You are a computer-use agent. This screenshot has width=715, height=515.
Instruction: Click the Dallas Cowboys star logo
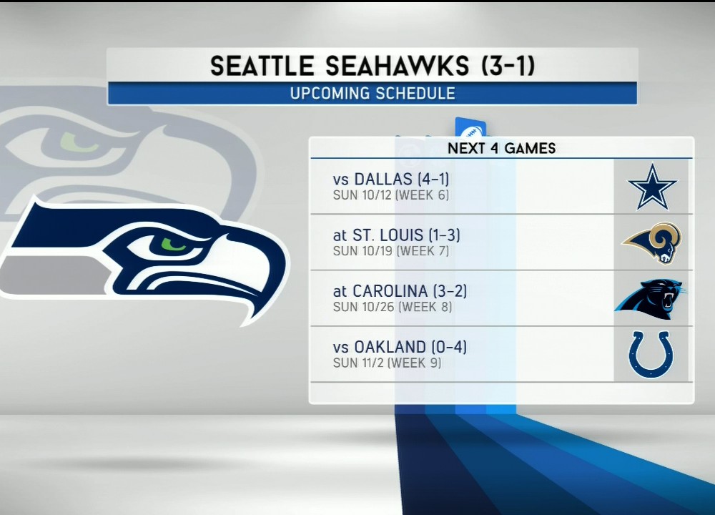tap(652, 187)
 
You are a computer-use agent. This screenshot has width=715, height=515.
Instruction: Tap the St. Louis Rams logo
tap(653, 242)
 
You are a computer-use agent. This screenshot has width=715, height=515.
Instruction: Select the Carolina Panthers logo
tap(650, 299)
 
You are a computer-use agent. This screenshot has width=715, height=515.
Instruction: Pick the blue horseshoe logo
tap(651, 355)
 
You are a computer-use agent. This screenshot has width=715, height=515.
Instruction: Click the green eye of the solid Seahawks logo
tap(172, 245)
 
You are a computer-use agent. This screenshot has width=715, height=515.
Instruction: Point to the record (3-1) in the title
tap(508, 65)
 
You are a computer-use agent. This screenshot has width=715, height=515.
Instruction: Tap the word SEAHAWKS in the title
tap(397, 66)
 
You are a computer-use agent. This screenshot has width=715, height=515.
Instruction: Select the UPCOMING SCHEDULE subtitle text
tap(373, 94)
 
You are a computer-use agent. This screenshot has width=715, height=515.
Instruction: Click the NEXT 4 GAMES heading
tap(502, 148)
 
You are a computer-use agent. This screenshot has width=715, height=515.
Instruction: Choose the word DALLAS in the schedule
tap(383, 179)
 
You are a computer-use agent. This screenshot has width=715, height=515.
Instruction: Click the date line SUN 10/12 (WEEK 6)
tap(391, 195)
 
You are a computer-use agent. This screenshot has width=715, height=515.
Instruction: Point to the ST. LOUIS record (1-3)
tap(444, 235)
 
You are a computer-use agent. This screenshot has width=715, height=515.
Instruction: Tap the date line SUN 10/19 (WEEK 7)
tap(391, 251)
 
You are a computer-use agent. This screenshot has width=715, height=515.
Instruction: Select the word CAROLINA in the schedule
tap(390, 291)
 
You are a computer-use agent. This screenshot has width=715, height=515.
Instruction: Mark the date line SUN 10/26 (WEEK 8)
tap(392, 307)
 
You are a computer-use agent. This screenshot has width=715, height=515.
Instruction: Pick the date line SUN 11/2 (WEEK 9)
tap(387, 363)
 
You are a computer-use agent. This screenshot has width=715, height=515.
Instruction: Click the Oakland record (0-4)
tap(449, 347)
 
